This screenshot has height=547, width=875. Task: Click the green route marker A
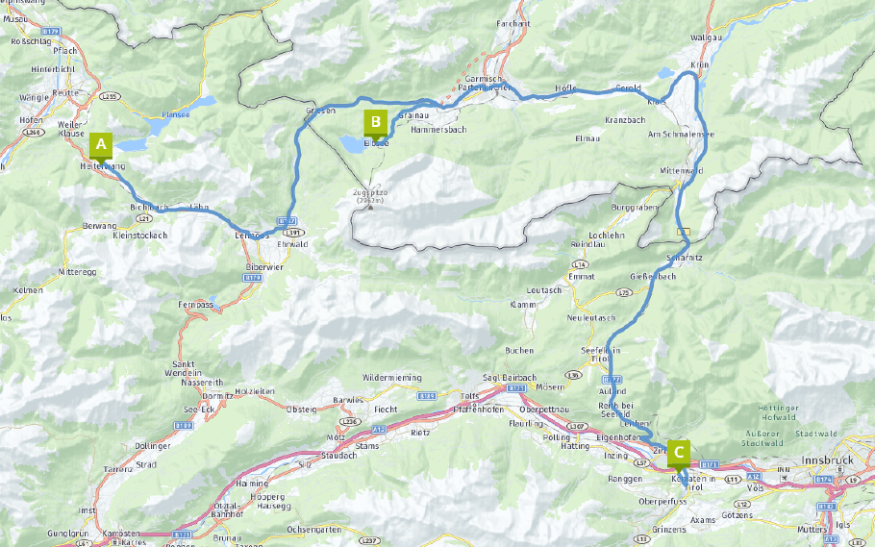click(x=101, y=145)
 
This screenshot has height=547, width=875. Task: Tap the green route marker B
click(x=375, y=122)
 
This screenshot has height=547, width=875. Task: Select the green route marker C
click(x=679, y=451)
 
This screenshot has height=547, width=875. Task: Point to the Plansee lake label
click(x=175, y=112)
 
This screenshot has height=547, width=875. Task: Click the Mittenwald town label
click(x=682, y=170)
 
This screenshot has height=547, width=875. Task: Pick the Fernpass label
click(x=193, y=304)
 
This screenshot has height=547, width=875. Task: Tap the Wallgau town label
click(x=708, y=37)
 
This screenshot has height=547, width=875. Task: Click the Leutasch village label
click(x=543, y=289)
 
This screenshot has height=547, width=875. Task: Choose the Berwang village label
click(x=100, y=223)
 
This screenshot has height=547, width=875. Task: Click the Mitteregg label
click(x=78, y=271)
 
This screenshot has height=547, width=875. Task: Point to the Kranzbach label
click(x=625, y=120)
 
